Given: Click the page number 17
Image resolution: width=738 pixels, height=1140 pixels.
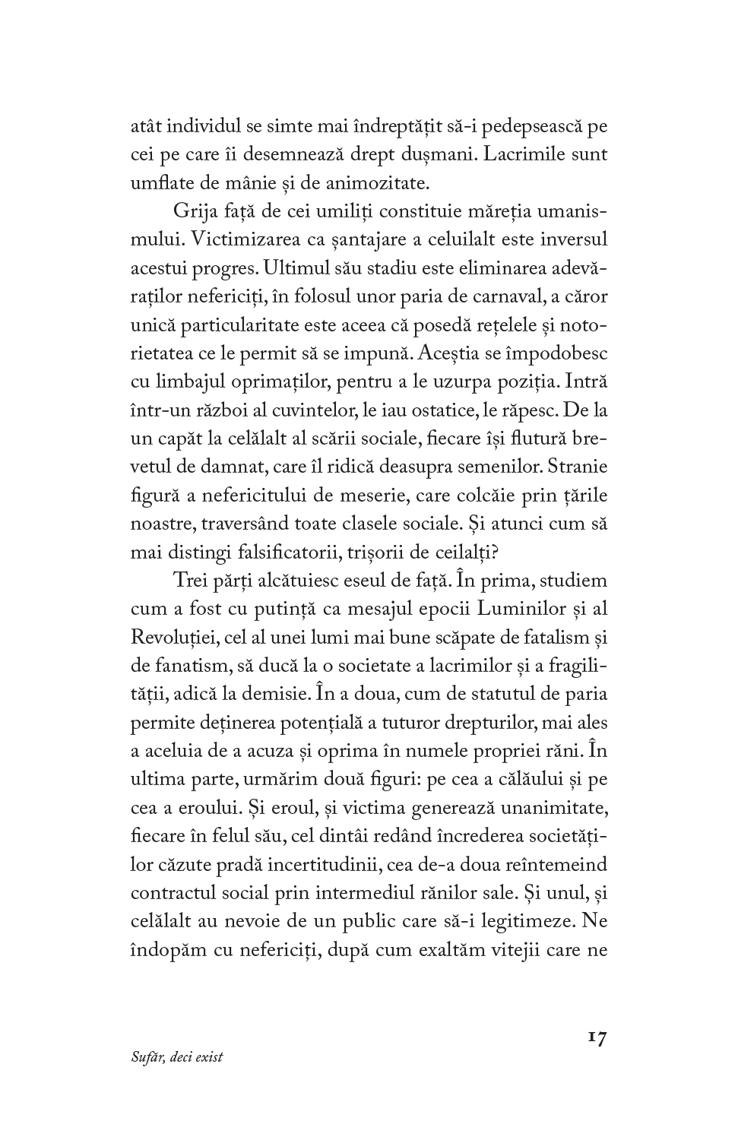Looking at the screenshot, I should (597, 1038).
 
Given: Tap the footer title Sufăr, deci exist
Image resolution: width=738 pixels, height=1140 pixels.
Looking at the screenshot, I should (177, 1057).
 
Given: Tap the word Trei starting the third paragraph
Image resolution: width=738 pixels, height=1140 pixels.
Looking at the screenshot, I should (188, 581).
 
